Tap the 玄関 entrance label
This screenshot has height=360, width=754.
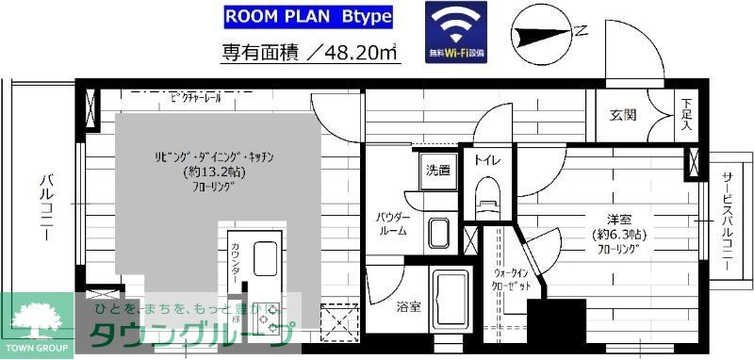(623, 115)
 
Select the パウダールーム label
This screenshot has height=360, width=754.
(391, 224)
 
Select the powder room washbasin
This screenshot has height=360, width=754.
(438, 232)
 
